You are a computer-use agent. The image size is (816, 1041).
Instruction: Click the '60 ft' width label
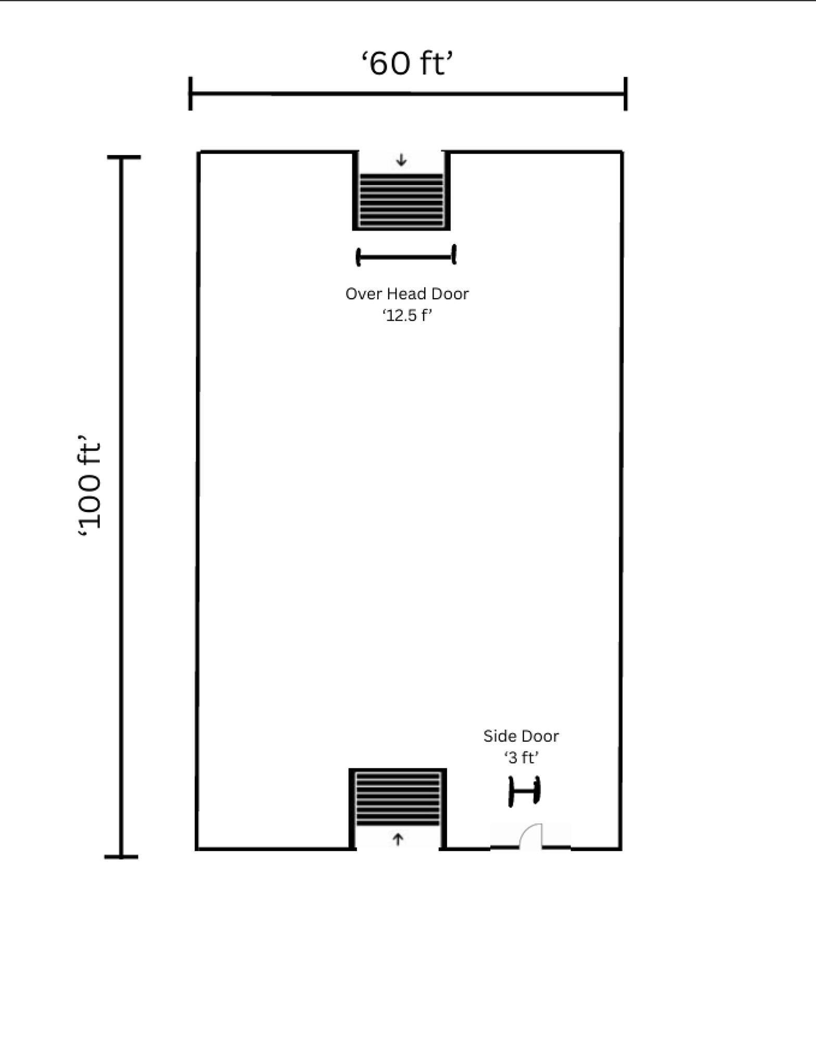407,64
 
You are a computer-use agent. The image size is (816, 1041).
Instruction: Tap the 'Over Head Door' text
407,294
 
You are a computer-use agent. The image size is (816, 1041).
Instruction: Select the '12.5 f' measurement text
407,315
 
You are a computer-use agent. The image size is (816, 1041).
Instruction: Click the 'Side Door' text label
521,736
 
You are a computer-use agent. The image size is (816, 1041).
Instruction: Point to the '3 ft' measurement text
521,758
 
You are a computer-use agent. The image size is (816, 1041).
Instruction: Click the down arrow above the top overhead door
401,160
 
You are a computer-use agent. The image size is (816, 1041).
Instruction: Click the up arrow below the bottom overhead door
398,839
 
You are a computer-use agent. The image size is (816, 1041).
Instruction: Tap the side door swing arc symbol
531,835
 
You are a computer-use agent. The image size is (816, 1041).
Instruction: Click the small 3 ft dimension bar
525,792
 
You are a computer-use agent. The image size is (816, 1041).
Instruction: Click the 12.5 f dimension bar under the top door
406,256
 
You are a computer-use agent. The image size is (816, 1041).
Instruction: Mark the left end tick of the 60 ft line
190,94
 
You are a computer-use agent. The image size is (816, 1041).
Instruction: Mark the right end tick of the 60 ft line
626,94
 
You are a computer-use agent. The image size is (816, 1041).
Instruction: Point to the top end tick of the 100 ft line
124,157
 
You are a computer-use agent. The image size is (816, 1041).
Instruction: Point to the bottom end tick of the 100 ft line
121,856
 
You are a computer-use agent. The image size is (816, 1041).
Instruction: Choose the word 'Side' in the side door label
499,736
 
